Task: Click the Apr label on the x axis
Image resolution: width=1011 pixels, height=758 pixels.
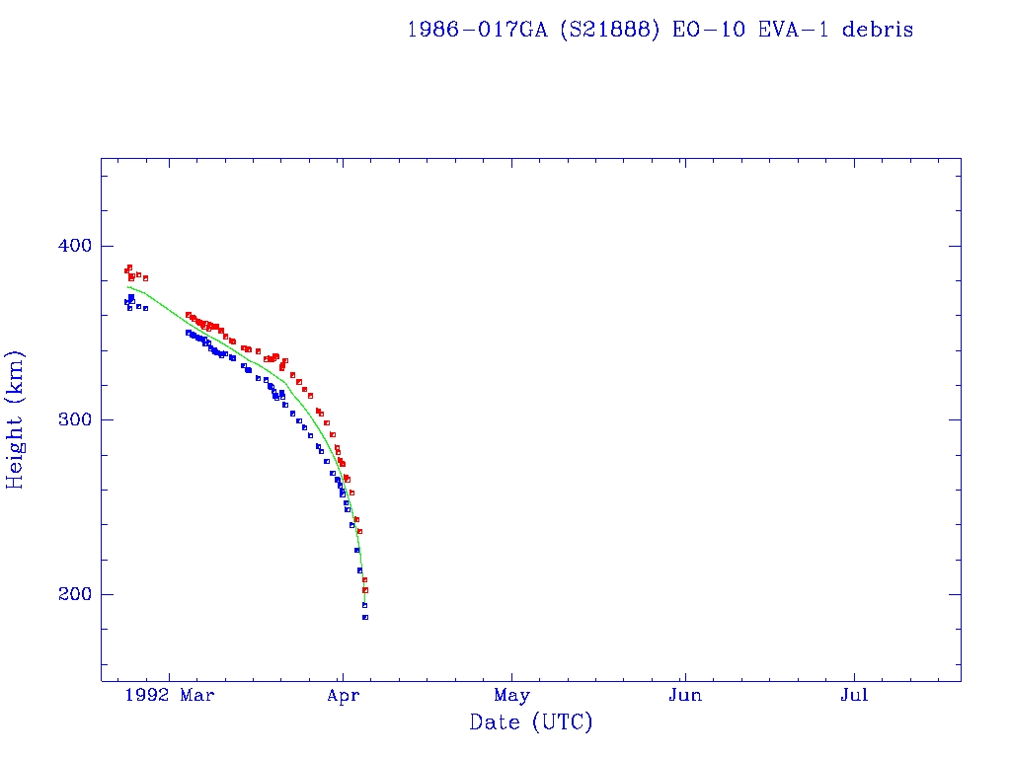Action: (342, 695)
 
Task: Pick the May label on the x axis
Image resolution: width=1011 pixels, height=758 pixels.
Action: (512, 695)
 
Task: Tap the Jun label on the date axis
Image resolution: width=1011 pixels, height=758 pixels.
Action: (684, 695)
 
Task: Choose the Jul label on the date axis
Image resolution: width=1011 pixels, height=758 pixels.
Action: (855, 695)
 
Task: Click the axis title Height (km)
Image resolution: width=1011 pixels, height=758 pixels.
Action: (16, 419)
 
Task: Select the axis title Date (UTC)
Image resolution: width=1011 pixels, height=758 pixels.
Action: (531, 722)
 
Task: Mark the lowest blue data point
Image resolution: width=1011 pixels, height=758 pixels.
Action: (365, 617)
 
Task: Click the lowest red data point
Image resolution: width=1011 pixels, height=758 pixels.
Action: (365, 590)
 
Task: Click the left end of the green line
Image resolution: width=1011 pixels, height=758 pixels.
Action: (127, 287)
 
